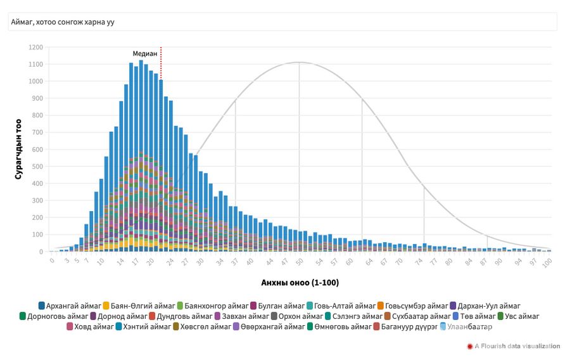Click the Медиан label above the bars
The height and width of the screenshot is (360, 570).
(144, 54)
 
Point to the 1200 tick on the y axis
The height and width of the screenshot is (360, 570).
(35, 47)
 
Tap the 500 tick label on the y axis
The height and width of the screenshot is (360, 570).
(37, 167)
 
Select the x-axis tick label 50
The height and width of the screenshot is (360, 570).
(300, 260)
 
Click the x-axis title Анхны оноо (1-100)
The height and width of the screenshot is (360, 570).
(300, 282)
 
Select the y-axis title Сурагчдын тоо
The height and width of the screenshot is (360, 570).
(18, 150)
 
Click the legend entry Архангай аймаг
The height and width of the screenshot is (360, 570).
(69, 305)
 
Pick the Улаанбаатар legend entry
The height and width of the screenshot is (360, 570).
(469, 327)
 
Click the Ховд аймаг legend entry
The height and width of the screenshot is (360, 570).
(88, 327)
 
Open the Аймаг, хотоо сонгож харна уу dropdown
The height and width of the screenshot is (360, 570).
(282, 22)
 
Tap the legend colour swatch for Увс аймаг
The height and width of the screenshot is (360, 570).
(501, 316)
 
